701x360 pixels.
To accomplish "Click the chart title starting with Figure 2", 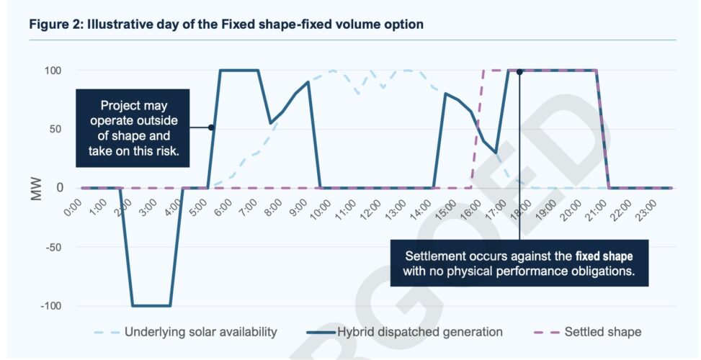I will click(x=226, y=24).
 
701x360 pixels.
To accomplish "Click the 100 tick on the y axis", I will click(x=55, y=71).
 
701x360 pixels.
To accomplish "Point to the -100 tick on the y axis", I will click(x=53, y=306).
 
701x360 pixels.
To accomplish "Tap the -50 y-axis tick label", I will click(x=55, y=247).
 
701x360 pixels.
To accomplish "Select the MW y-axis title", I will click(x=37, y=189).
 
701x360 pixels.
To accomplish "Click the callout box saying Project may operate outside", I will click(x=133, y=128).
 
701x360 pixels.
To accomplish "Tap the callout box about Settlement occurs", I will click(x=519, y=264).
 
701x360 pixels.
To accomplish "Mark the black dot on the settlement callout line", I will click(x=519, y=72).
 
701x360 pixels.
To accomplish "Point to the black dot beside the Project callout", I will click(x=211, y=127).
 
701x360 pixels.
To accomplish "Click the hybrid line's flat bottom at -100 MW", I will click(x=151, y=306).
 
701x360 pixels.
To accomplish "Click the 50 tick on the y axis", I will click(x=58, y=130).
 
